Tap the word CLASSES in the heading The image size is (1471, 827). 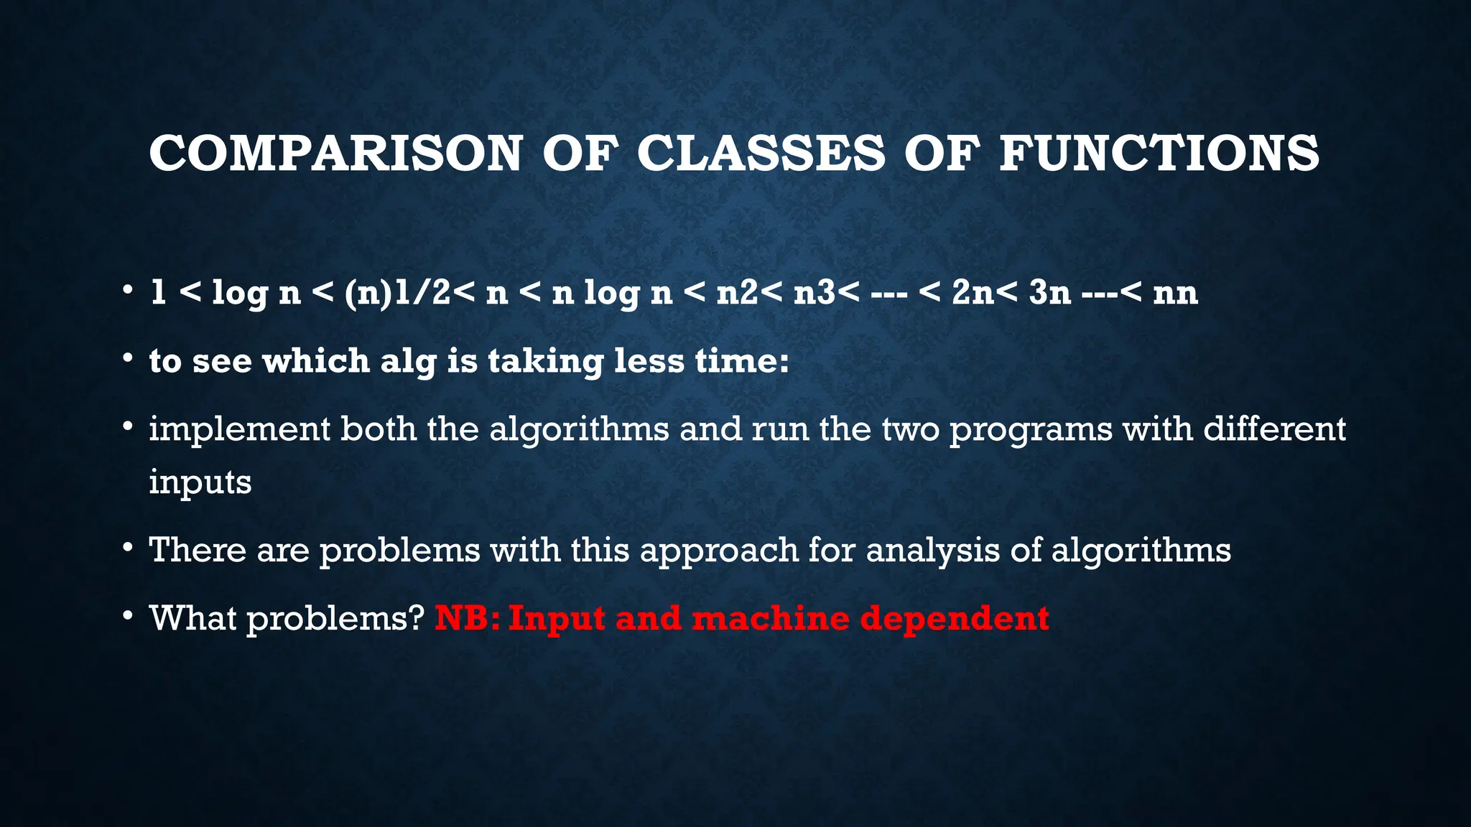point(761,154)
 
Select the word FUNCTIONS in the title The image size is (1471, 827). point(1159,154)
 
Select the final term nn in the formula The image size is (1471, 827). point(1175,293)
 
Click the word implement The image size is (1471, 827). point(238,430)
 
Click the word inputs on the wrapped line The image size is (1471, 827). point(200,482)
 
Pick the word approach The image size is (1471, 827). point(719,551)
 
